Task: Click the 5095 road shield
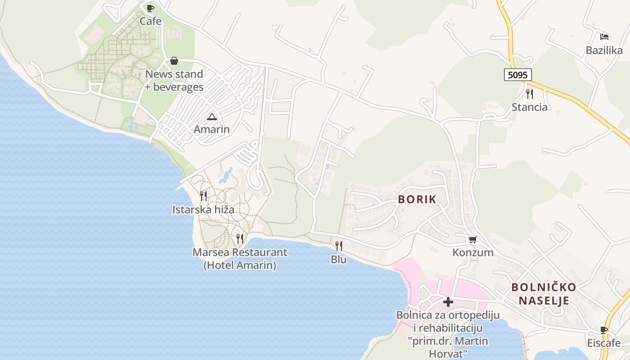pos(517,75)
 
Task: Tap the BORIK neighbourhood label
pos(418,199)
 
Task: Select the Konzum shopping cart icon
pos(472,239)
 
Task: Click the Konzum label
pos(473,252)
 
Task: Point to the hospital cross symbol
pos(448,302)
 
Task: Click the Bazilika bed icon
pos(604,36)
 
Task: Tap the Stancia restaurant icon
pos(530,94)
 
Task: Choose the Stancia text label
pos(530,107)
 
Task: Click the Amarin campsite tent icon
pos(211,117)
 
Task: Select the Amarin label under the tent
pos(211,130)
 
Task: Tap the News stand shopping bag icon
pos(174,61)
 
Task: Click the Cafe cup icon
pos(150,8)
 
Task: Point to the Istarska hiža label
pos(203,210)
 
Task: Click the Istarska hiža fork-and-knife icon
pos(203,196)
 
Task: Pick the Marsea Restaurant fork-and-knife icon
pos(240,238)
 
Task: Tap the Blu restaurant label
pos(338,260)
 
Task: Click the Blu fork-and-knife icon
pos(338,246)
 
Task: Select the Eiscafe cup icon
pos(604,330)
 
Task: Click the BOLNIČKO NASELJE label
pos(544,294)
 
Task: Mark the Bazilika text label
pos(604,50)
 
